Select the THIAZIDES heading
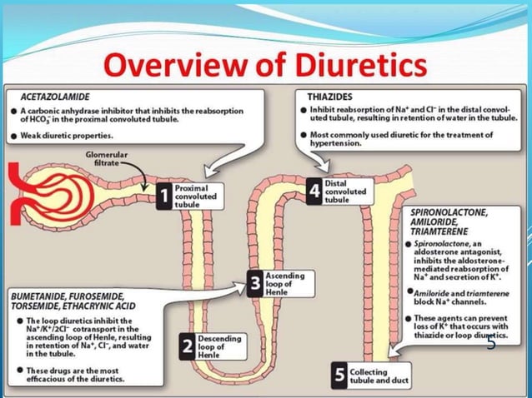[x=330, y=97]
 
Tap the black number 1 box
[x=165, y=197]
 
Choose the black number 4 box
[x=314, y=190]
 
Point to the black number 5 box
[x=339, y=374]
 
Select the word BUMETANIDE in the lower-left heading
[x=39, y=295]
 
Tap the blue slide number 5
[x=491, y=343]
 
